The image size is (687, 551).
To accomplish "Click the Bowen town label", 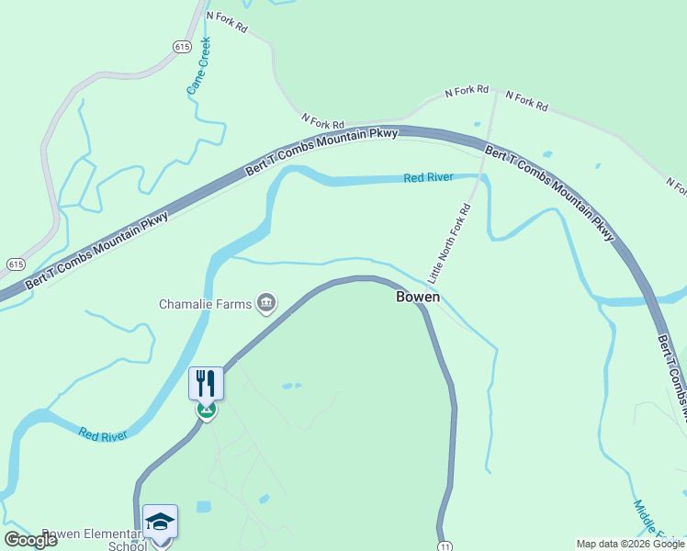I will pyautogui.click(x=418, y=297).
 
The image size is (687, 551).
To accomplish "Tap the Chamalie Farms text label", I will pyautogui.click(x=206, y=304).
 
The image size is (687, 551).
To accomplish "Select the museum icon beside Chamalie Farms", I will pyautogui.click(x=266, y=302).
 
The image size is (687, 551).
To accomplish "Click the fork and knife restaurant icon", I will pyautogui.click(x=206, y=383).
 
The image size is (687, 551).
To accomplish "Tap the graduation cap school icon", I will pyautogui.click(x=160, y=521).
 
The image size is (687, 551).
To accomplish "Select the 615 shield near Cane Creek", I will pyautogui.click(x=181, y=45).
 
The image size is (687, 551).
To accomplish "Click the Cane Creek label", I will pyautogui.click(x=199, y=66).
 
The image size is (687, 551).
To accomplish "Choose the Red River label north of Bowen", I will pyautogui.click(x=428, y=177).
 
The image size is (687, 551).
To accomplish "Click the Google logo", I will pyautogui.click(x=30, y=539).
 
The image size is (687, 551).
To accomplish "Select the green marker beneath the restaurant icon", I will pyautogui.click(x=206, y=410).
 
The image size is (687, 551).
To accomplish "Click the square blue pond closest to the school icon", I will pyautogui.click(x=203, y=507).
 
